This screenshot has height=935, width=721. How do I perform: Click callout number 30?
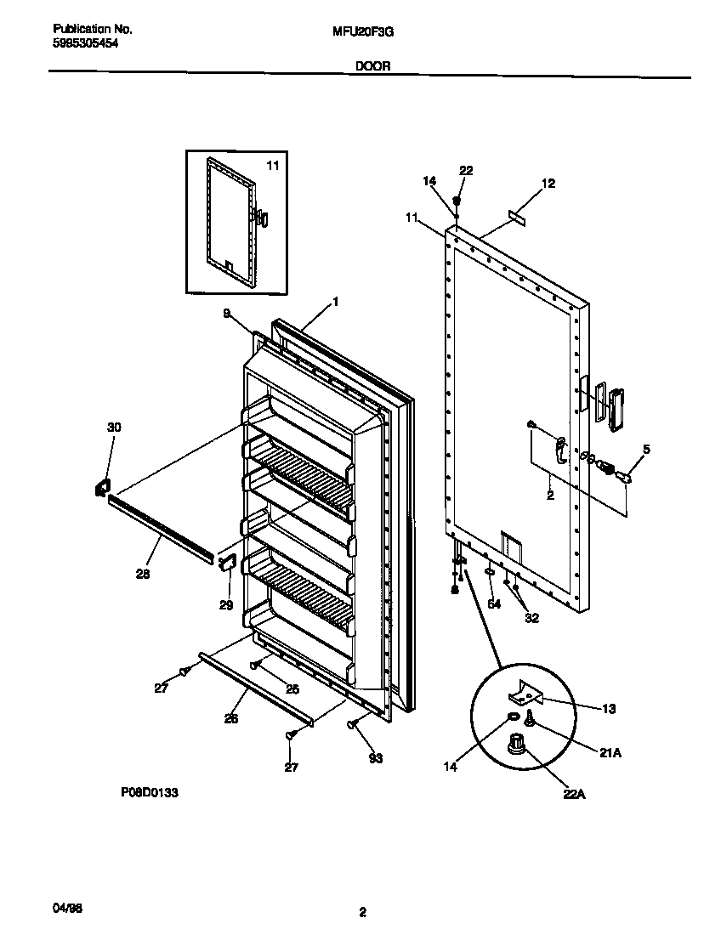(x=114, y=428)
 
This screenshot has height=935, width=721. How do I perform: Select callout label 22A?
(x=574, y=795)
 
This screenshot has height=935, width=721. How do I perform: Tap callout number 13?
(x=609, y=708)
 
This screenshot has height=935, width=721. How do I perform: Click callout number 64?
(x=494, y=604)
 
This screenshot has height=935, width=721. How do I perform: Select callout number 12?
(x=548, y=183)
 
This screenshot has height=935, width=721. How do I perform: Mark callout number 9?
(x=227, y=313)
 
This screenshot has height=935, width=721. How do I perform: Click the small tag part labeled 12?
(x=516, y=218)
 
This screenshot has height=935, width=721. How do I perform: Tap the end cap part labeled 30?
(x=100, y=486)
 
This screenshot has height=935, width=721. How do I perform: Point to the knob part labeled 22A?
(x=514, y=745)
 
